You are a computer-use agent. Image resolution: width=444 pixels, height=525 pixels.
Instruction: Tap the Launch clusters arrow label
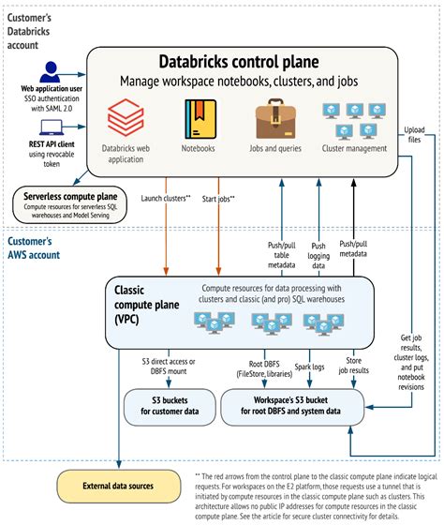166,199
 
